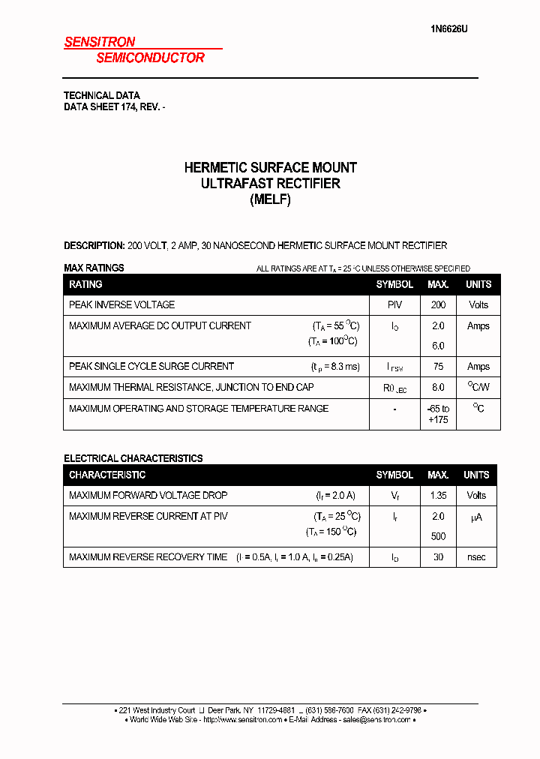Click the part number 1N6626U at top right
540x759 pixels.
pos(449,29)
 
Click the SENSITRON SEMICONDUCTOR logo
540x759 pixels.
pos(135,50)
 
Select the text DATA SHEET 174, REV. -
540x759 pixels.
pos(114,107)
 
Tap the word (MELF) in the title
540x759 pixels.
pos(270,199)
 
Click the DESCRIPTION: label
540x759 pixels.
pos(94,246)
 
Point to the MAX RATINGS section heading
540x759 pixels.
pos(94,268)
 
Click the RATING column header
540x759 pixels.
pos(85,285)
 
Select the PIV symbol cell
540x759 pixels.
pos(394,305)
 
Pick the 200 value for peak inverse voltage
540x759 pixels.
pos(438,305)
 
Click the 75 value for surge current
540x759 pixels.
pos(438,367)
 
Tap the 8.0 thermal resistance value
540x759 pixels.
pos(438,388)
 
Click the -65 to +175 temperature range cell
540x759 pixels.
pos(438,414)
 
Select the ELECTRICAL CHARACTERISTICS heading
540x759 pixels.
pos(133,458)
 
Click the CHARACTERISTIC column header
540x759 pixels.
pos(107,475)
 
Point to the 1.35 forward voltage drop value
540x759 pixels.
pos(438,496)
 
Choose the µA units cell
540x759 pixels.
pos(477,517)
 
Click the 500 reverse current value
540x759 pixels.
pos(438,537)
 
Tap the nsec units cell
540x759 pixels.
pos(477,557)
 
